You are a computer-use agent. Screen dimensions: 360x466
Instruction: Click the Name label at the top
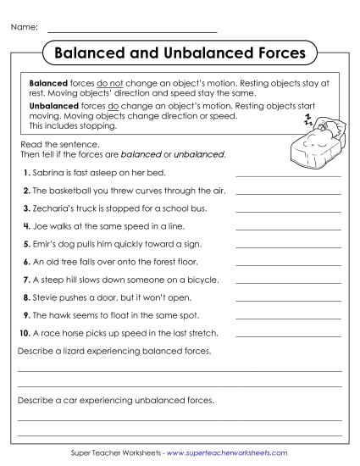(x=24, y=28)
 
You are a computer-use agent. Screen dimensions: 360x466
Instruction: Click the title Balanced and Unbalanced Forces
(x=179, y=53)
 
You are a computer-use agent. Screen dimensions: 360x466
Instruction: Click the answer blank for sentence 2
(x=288, y=192)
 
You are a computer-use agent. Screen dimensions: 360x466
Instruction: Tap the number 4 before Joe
(x=26, y=226)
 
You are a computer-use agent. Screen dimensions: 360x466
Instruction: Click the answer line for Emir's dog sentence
(x=288, y=246)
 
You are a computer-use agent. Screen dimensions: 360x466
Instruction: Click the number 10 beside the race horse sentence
(x=25, y=333)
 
